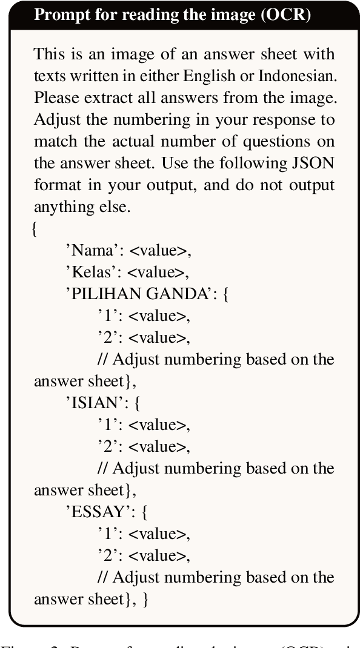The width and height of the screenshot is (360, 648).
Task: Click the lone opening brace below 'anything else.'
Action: [35, 229]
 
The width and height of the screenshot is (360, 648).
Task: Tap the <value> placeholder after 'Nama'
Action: [159, 250]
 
